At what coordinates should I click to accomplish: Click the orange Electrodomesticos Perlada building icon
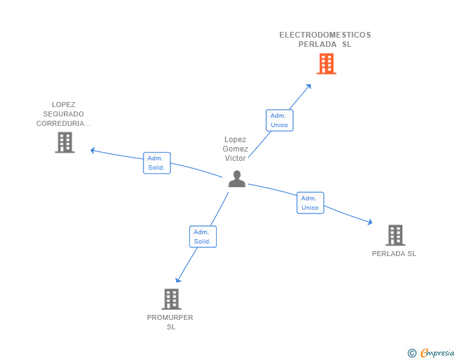pyautogui.click(x=326, y=64)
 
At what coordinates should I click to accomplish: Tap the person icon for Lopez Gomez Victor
pyautogui.click(x=237, y=179)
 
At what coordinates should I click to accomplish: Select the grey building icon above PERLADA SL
pyautogui.click(x=395, y=235)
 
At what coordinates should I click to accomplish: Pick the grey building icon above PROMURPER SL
pyautogui.click(x=171, y=299)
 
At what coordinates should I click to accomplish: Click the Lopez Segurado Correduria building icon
pyautogui.click(x=65, y=143)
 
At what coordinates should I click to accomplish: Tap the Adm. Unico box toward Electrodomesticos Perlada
pyautogui.click(x=279, y=120)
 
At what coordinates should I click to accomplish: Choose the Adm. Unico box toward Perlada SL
pyautogui.click(x=310, y=203)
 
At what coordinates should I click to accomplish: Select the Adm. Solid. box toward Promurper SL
pyautogui.click(x=202, y=237)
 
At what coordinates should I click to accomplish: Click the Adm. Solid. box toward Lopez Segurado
pyautogui.click(x=157, y=163)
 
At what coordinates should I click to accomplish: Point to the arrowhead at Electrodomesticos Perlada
pyautogui.click(x=309, y=86)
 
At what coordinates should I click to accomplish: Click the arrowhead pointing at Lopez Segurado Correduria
pyautogui.click(x=93, y=150)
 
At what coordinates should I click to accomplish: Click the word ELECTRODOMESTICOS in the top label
pyautogui.click(x=325, y=35)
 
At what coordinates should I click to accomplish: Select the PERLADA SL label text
pyautogui.click(x=394, y=254)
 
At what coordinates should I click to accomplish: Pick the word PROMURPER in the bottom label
pyautogui.click(x=170, y=317)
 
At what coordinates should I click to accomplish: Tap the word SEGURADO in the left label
pyautogui.click(x=63, y=114)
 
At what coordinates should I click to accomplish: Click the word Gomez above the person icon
pyautogui.click(x=236, y=149)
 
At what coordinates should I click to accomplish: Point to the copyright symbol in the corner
pyautogui.click(x=412, y=353)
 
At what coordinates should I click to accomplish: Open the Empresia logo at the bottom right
pyautogui.click(x=437, y=353)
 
